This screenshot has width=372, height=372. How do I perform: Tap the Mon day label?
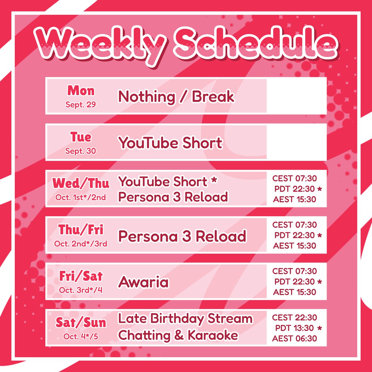coord(81,91)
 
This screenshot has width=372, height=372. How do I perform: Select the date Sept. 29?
coord(81,105)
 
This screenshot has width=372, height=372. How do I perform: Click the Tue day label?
coord(81,137)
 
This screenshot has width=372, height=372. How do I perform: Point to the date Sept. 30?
coord(81,151)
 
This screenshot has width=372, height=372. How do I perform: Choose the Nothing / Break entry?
coord(176,97)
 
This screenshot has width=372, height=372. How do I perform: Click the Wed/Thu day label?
coord(81,184)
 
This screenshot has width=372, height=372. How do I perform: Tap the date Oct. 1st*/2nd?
coord(81,197)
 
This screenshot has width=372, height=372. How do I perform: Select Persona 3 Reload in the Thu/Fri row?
coord(182,236)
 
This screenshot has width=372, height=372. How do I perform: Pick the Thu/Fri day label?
coord(81,230)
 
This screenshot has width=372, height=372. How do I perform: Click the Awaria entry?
coord(144,282)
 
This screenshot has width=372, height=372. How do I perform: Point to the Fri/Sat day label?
coord(81,276)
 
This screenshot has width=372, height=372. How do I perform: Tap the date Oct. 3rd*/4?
coord(81,290)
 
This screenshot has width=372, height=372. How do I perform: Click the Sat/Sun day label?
coord(81,323)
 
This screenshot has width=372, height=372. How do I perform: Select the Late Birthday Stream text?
coord(185,319)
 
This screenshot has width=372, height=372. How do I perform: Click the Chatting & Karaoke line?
coord(178,335)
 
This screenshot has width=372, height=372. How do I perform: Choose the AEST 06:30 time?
coord(294,339)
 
